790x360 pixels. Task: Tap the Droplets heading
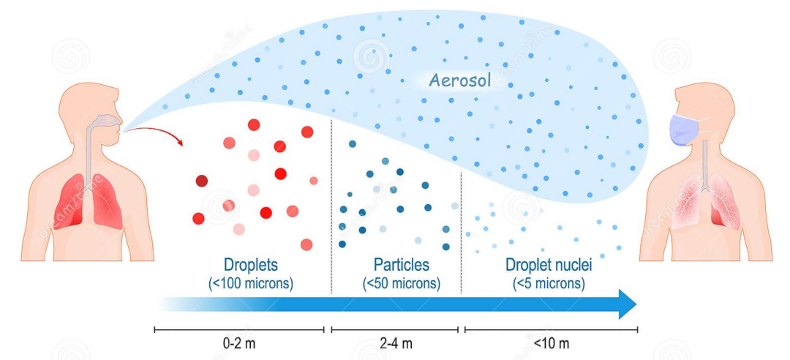point(251,264)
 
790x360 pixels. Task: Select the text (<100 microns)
point(251,283)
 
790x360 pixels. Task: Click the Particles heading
point(402,264)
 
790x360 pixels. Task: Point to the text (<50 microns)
point(402,283)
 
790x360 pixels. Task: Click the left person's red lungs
point(88,201)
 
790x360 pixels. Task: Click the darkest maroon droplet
point(202,181)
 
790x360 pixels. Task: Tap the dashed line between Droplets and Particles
point(331,212)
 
